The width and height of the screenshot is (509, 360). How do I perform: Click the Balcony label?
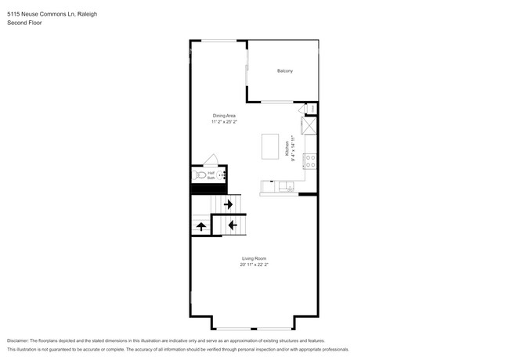[x=284, y=71]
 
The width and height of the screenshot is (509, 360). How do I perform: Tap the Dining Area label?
[x=224, y=115]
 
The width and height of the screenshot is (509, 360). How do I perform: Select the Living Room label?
[x=254, y=258]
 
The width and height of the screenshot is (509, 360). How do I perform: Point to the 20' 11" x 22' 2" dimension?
[x=254, y=265]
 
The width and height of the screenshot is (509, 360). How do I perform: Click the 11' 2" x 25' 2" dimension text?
[x=224, y=121]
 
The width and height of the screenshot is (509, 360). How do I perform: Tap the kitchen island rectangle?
[x=271, y=145]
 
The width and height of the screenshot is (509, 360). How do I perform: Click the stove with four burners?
[x=309, y=162]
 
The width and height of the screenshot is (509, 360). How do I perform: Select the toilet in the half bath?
[x=198, y=177]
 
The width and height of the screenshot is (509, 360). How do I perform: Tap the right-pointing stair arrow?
[x=228, y=204]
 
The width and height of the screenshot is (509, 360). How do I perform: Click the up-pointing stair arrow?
[x=201, y=226]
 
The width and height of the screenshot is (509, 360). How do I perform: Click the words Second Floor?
[x=23, y=23]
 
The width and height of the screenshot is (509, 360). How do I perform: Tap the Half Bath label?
[x=210, y=176]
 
